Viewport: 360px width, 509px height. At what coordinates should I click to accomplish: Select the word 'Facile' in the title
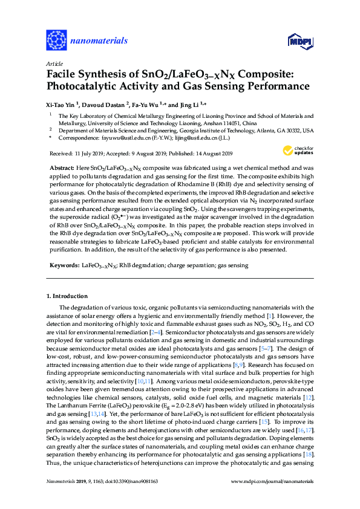[x=63, y=74]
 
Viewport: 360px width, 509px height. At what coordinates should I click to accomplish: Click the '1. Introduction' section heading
[x=67, y=296]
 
